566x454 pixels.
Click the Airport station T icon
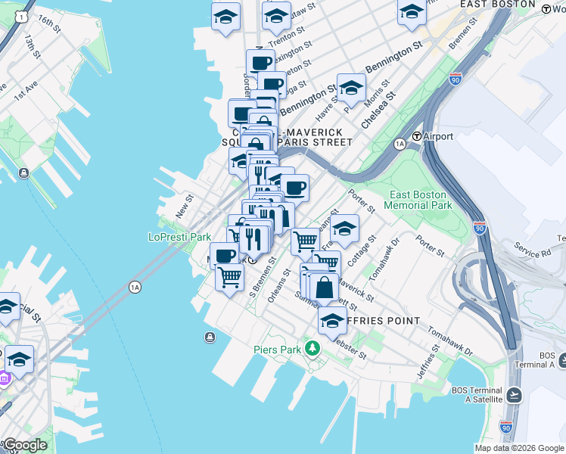pos(417,136)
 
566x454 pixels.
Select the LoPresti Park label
pos(179,237)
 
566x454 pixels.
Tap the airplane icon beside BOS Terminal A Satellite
pos(515,394)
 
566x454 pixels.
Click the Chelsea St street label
pos(378,110)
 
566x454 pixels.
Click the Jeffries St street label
pos(427,362)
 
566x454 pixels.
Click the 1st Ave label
pos(25,92)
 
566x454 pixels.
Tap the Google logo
pos(25,445)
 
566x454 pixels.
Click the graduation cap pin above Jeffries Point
pos(332,321)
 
